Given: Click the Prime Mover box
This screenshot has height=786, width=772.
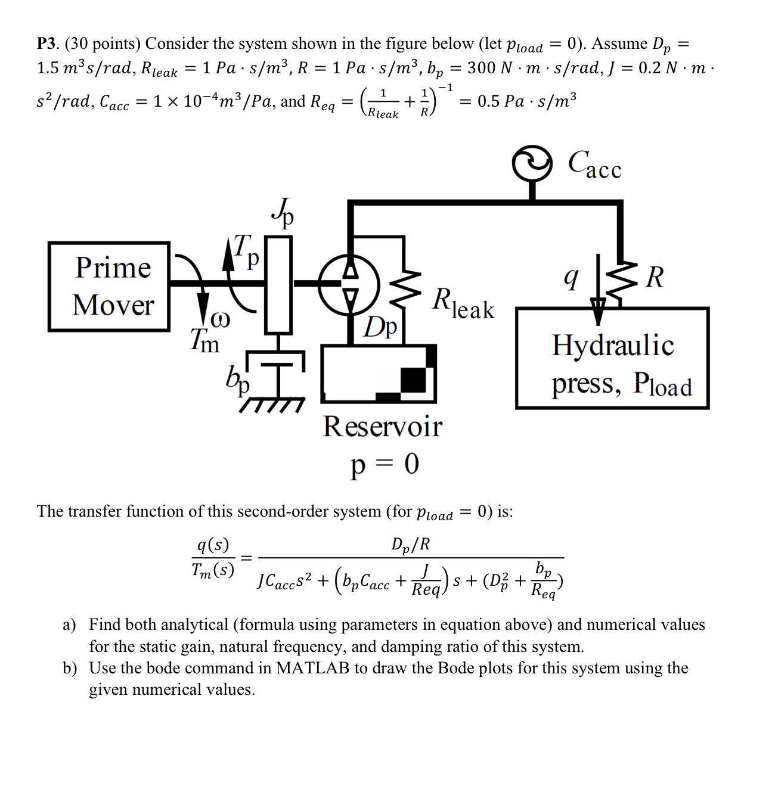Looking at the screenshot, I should [109, 286].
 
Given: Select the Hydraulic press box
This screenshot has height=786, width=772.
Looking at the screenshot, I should [612, 358].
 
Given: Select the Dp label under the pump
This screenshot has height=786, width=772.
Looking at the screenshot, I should [382, 327].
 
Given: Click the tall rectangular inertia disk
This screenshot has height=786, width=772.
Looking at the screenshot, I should [278, 284].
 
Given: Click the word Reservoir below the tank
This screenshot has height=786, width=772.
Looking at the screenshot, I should [382, 427].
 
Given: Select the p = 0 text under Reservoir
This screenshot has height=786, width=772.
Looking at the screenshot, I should [385, 463].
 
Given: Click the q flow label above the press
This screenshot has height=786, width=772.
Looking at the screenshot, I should [571, 277].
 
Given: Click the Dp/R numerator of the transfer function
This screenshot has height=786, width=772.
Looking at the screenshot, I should [410, 544].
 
